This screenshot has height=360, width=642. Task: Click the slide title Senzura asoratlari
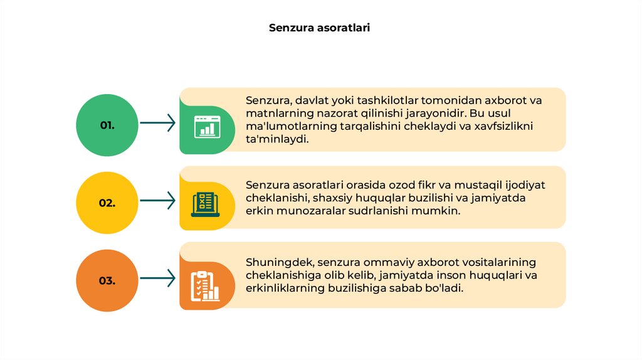coord(320,28)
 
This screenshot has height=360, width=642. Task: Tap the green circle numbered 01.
coord(107,125)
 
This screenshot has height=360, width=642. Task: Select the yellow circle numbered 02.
coord(107,203)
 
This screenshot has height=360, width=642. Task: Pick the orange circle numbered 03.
coord(107,280)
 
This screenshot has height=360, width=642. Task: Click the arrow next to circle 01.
coord(157,123)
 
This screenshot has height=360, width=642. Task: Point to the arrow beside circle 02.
coord(157,201)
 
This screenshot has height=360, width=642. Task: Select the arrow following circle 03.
coord(157,278)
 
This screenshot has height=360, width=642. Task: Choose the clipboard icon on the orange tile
coord(205,285)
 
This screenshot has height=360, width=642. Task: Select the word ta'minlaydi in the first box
coord(278,140)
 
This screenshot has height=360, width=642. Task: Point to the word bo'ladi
coord(446,289)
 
